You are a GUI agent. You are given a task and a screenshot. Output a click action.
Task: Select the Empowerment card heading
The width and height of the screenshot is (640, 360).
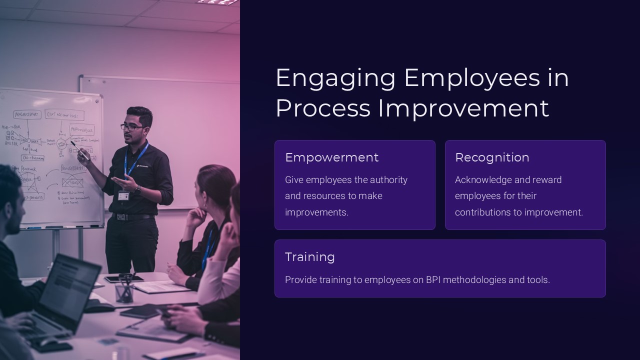[x=331, y=157]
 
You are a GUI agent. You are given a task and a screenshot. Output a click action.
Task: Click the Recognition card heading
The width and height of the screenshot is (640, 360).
[x=492, y=157]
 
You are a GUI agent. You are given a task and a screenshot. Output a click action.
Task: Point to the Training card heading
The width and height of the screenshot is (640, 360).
[x=309, y=257]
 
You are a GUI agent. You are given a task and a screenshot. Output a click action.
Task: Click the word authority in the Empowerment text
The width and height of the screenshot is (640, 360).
[x=388, y=180]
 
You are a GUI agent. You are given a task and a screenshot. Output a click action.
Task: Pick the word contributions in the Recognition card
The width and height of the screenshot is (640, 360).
[x=482, y=212]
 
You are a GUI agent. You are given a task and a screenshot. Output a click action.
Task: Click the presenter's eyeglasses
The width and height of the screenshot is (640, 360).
[x=132, y=127]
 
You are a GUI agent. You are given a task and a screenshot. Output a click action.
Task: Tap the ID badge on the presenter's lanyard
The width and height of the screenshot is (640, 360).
[x=123, y=195]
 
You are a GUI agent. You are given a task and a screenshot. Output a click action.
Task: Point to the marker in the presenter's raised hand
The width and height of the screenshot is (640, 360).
[x=79, y=150]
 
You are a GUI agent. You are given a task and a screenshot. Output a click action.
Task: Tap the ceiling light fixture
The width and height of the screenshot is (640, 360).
[x=217, y=2]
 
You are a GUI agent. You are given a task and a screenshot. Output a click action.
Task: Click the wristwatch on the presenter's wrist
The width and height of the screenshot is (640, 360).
[x=137, y=189]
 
